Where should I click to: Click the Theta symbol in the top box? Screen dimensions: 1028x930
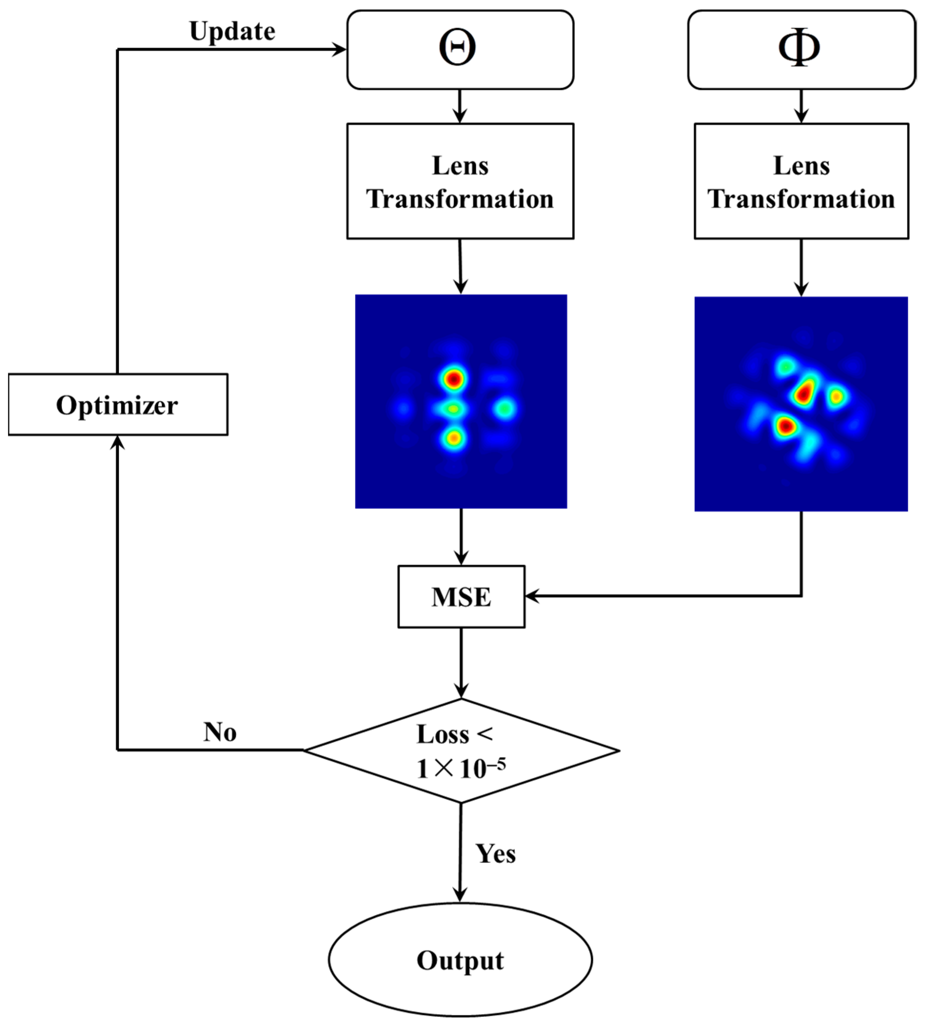[457, 48]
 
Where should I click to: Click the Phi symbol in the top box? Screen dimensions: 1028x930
[798, 48]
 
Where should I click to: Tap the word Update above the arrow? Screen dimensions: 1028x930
[232, 32]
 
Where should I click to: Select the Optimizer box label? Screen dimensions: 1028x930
[117, 406]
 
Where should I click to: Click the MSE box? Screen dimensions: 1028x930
[461, 597]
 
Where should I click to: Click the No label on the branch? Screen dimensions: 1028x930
[220, 732]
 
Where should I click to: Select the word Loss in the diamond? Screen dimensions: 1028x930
[442, 735]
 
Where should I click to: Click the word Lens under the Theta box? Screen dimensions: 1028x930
[461, 166]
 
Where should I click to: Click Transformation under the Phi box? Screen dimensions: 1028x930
[801, 199]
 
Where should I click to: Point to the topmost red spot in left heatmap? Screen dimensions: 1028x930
[453, 379]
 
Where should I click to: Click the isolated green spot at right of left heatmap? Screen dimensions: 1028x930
[505, 409]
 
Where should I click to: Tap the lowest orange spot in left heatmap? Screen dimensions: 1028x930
[453, 437]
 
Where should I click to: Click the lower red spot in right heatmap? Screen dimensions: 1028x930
[786, 425]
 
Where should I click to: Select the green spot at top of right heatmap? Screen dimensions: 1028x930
[786, 366]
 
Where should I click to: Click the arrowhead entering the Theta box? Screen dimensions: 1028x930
[340, 50]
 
